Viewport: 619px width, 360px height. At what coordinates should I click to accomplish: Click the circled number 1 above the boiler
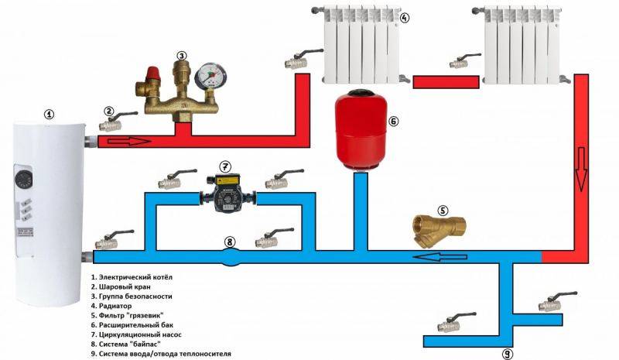tap(50, 114)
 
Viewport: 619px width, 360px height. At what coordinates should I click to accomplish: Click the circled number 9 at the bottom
tap(507, 353)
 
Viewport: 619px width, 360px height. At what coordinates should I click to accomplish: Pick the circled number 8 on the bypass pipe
tap(229, 242)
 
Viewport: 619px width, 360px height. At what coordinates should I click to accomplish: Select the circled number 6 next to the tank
tap(392, 122)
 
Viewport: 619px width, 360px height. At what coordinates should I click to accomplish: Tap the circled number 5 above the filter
tap(443, 209)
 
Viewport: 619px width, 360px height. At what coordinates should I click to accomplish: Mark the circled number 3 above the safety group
tap(181, 56)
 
